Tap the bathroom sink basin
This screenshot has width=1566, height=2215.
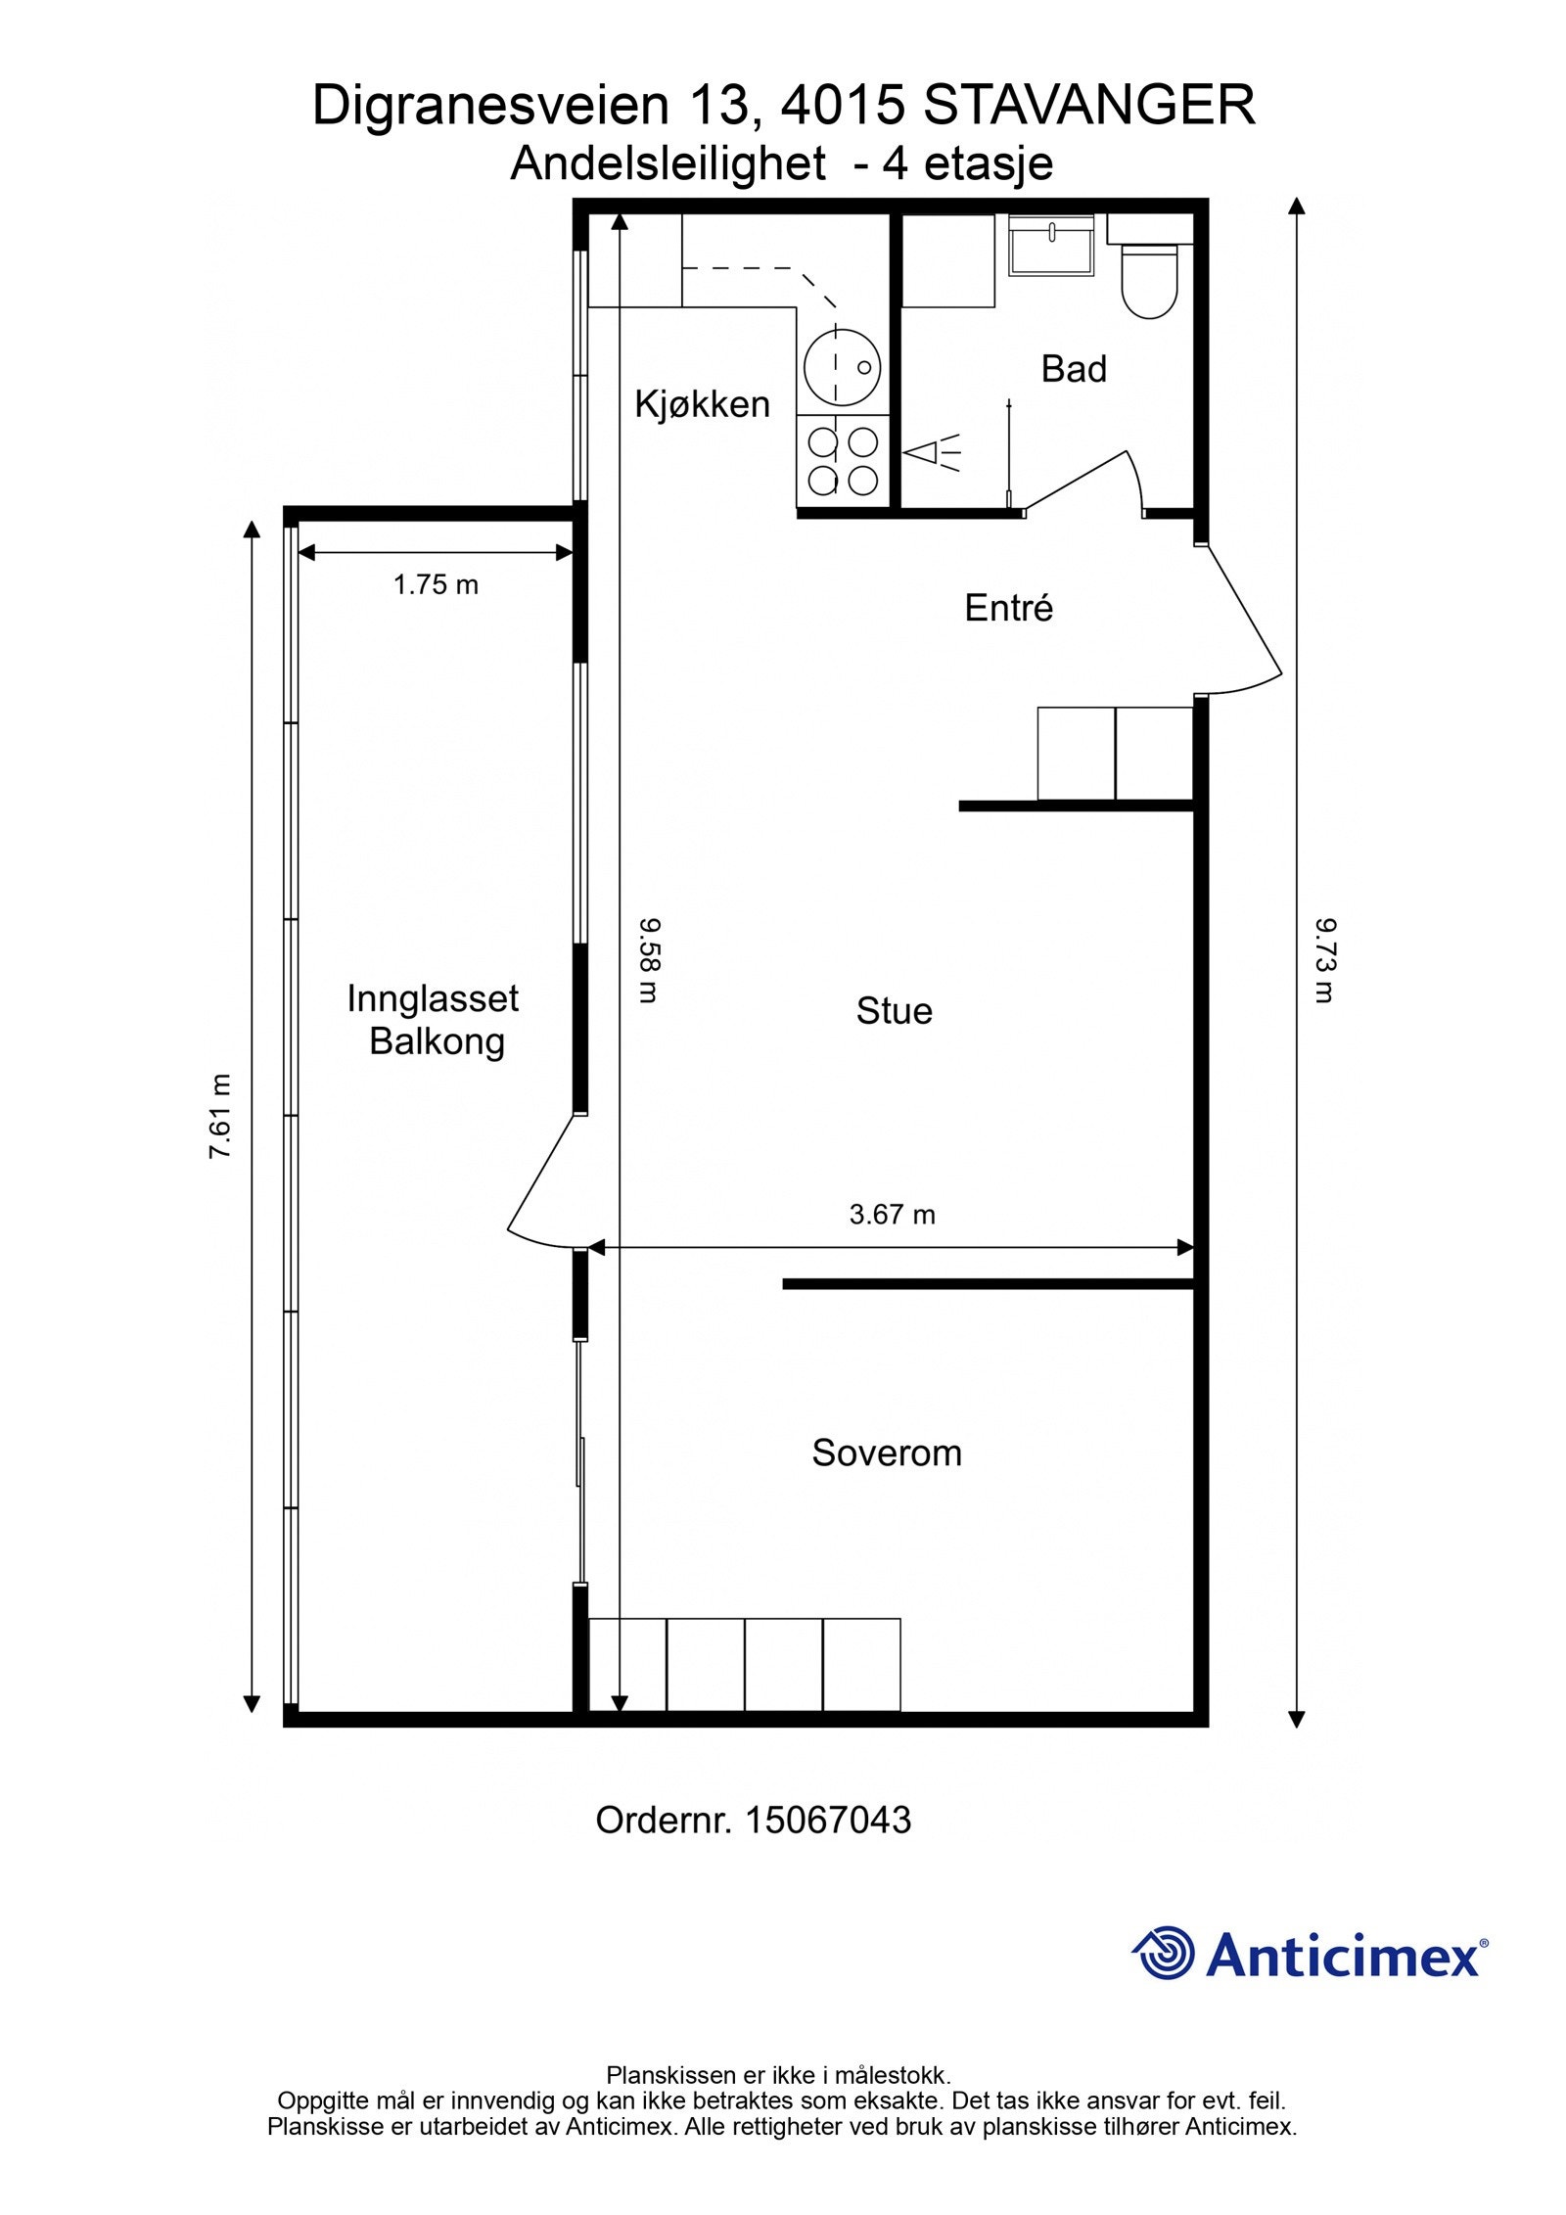click(x=1051, y=245)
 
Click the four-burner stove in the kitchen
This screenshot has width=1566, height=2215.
click(x=843, y=462)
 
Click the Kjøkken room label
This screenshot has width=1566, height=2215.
click(x=702, y=404)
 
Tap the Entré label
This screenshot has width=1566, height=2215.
click(x=1008, y=608)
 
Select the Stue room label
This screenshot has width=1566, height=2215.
click(x=894, y=1011)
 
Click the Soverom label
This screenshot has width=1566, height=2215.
click(x=887, y=1454)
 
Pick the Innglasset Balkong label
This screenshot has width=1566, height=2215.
click(x=434, y=1020)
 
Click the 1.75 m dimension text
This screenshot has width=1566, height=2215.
click(x=436, y=585)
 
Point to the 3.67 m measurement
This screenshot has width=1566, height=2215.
click(x=892, y=1215)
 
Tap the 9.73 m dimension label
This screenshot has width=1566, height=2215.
click(x=1324, y=960)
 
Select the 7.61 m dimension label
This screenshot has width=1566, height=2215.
click(x=221, y=1116)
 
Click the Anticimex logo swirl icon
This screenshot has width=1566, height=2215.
click(x=1165, y=1953)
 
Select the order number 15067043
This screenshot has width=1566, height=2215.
click(x=828, y=1821)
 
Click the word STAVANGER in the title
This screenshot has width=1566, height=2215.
click(x=1089, y=107)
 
